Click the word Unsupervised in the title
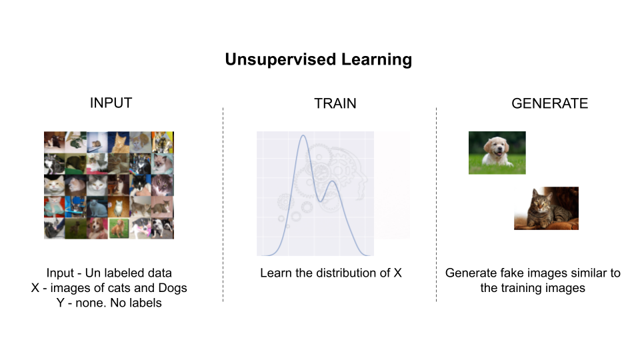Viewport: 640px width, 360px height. (281, 59)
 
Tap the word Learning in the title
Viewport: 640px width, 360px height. (377, 59)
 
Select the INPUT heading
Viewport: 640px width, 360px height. (111, 103)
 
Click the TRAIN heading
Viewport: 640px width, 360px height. (335, 103)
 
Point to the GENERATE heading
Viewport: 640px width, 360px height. (550, 103)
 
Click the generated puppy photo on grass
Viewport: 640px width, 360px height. (497, 153)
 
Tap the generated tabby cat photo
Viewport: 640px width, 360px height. (546, 208)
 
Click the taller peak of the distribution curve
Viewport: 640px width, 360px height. (303, 135)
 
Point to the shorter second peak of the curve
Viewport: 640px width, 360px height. (333, 181)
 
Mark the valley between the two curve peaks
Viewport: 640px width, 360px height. (321, 201)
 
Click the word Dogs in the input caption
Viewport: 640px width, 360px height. (173, 288)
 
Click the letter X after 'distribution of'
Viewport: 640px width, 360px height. (397, 273)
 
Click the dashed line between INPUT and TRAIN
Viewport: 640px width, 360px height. (223, 205)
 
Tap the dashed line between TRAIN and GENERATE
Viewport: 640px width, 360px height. (436, 205)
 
